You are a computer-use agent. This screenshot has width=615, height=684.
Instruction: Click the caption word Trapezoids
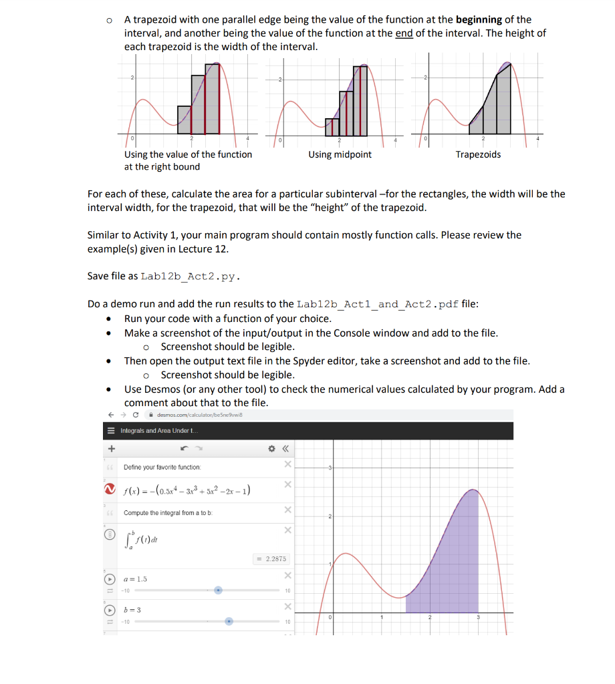pyautogui.click(x=478, y=155)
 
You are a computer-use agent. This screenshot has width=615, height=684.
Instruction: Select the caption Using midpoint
pyautogui.click(x=340, y=155)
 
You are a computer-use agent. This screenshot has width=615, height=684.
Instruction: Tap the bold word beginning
pyautogui.click(x=479, y=19)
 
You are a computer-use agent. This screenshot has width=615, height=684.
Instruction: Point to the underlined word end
pyautogui.click(x=404, y=33)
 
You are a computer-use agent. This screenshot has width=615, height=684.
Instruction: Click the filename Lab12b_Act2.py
pyautogui.click(x=190, y=277)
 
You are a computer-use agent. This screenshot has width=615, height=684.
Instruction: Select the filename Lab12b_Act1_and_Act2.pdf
pyautogui.click(x=378, y=305)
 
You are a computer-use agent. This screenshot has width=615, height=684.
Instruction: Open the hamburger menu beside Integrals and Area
pyautogui.click(x=112, y=431)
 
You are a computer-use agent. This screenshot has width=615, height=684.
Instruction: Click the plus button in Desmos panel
pyautogui.click(x=112, y=449)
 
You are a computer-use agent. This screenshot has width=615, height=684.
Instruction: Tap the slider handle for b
pyautogui.click(x=229, y=621)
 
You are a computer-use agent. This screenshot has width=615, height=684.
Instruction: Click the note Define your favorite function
pyautogui.click(x=162, y=468)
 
